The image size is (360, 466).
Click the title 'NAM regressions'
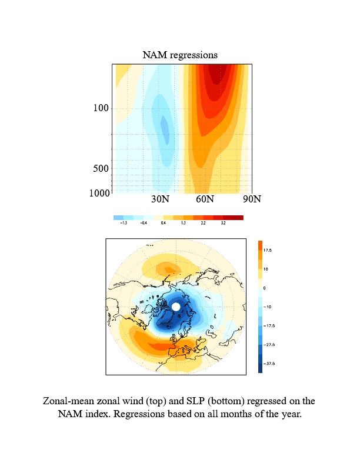point(180,55)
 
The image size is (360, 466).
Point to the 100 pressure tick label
point(102,108)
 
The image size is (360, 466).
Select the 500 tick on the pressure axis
point(102,169)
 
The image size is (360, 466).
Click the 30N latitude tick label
point(160,199)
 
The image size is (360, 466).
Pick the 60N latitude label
point(205,199)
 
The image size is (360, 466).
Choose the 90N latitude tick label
point(251,199)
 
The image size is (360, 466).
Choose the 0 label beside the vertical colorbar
point(265,288)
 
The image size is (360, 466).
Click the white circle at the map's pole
point(175,307)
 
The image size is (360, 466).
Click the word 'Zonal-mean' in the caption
point(69,401)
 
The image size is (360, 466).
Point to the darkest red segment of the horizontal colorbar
point(238,218)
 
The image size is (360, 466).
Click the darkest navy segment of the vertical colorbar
point(260,368)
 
